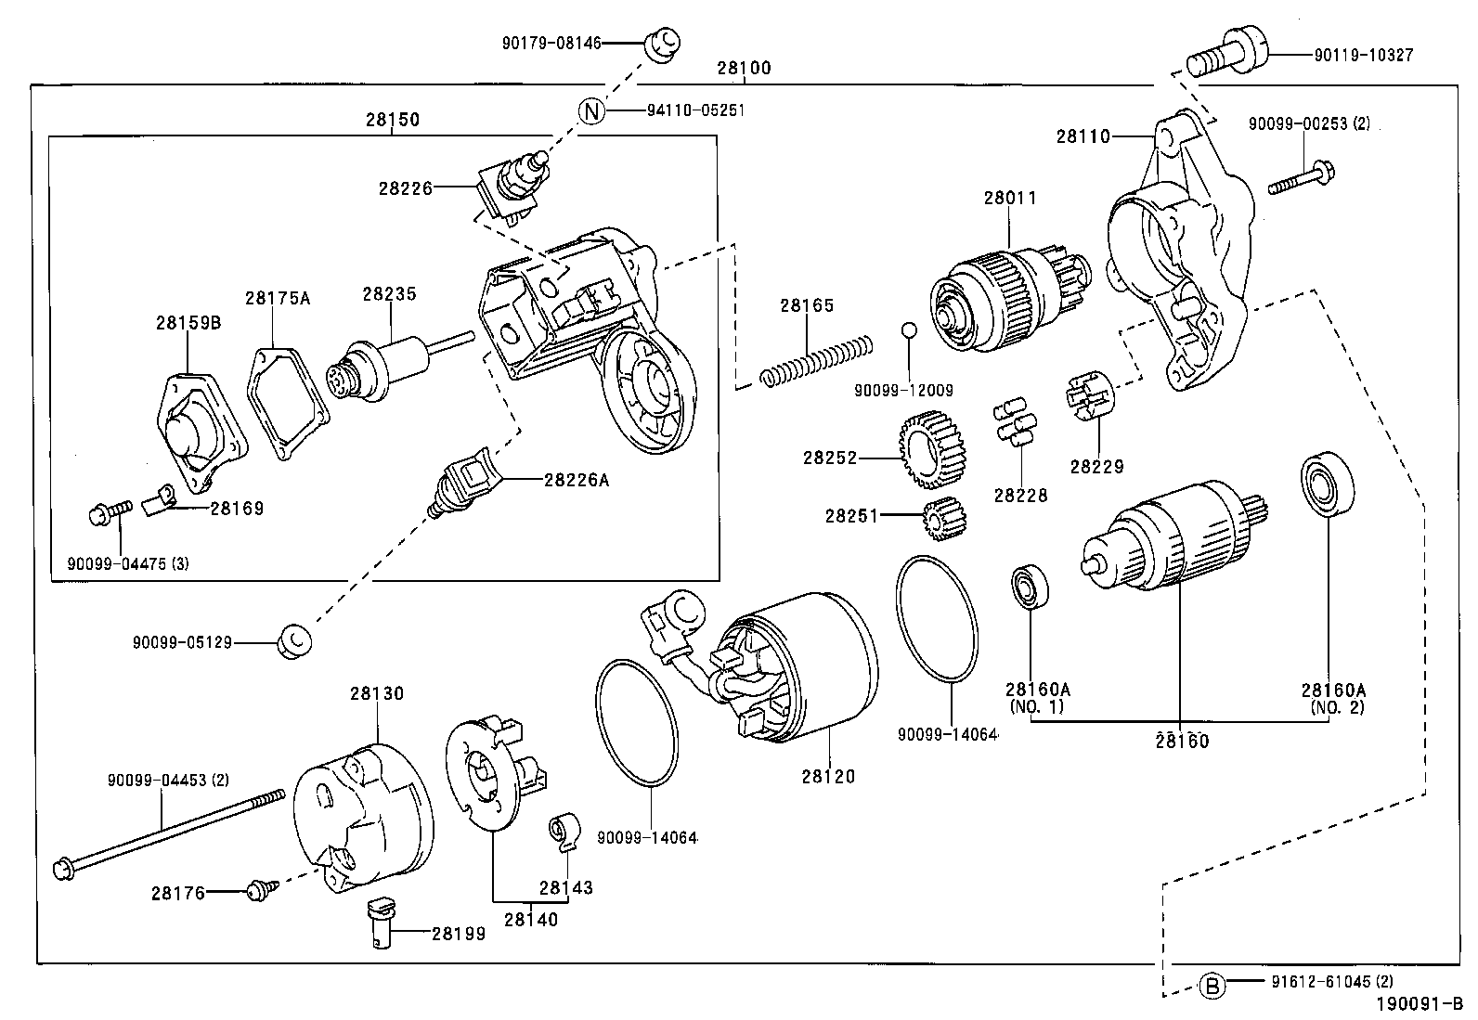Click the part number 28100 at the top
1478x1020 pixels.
[744, 69]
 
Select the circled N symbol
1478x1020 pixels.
[592, 110]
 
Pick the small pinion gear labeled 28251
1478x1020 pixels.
[945, 518]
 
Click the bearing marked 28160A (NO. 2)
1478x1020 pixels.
[1326, 484]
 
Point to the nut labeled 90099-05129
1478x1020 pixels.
[294, 640]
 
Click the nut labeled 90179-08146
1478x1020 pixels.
[663, 43]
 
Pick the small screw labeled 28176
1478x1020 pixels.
[256, 891]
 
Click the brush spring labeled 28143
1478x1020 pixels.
[564, 829]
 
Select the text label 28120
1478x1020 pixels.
[828, 776]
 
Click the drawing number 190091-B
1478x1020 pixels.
[1419, 1004]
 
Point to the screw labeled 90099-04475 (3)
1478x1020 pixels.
[108, 511]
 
